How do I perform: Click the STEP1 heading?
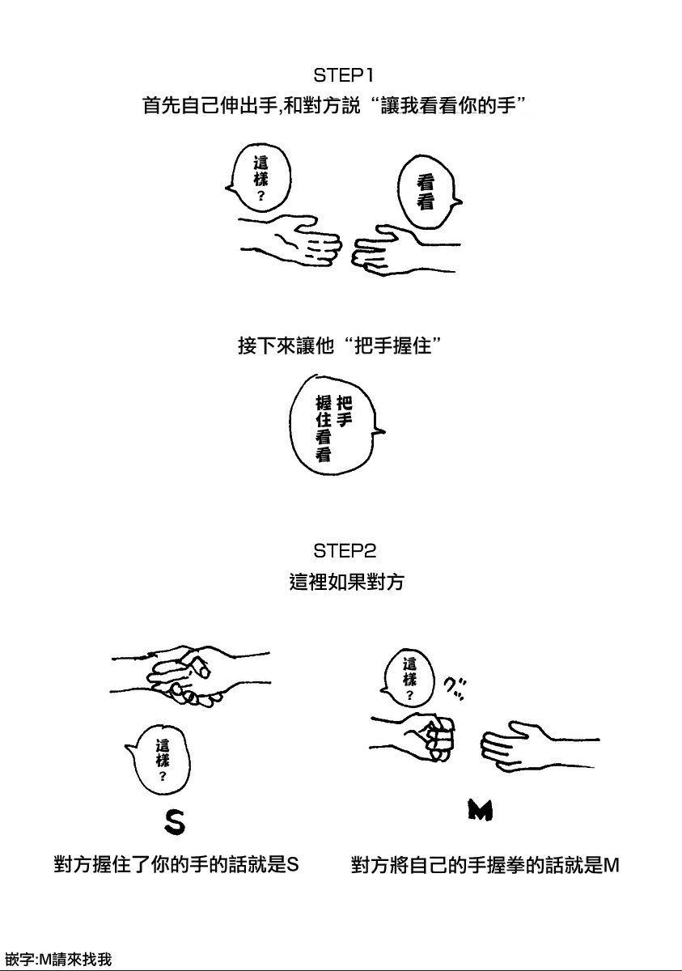pyautogui.click(x=343, y=76)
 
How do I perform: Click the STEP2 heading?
pyautogui.click(x=345, y=551)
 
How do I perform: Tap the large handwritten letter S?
pyautogui.click(x=175, y=822)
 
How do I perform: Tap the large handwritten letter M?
pyautogui.click(x=481, y=811)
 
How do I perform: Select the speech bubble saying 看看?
pyautogui.click(x=427, y=193)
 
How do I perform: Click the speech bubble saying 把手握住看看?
pyautogui.click(x=334, y=426)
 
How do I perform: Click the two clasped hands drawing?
pyautogui.click(x=190, y=676)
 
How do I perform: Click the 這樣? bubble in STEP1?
pyautogui.click(x=259, y=179)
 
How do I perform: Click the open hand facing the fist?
pyautogui.click(x=540, y=745)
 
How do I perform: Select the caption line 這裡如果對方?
pyautogui.click(x=346, y=582)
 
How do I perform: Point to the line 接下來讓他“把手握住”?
pyautogui.click(x=339, y=346)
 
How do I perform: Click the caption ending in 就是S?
pyautogui.click(x=176, y=865)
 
